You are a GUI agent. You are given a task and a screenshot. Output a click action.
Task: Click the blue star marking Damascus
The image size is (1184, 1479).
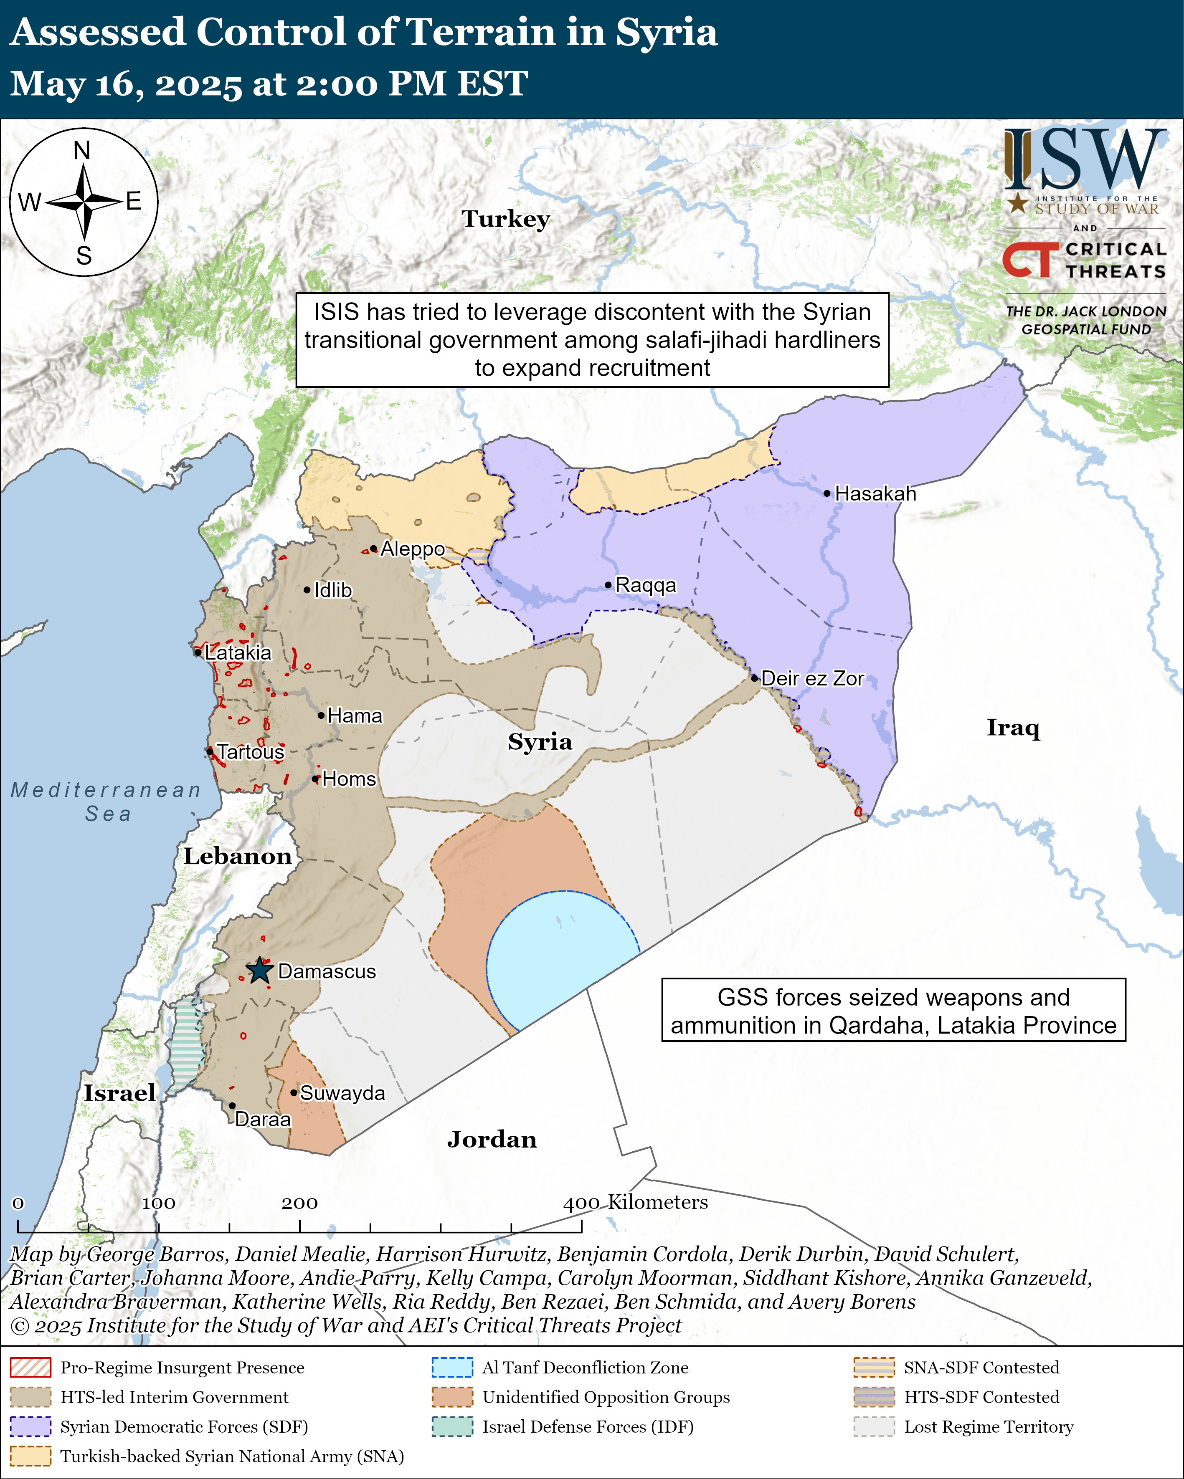coord(259,971)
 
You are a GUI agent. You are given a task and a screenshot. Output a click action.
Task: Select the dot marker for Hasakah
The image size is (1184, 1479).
coord(827,493)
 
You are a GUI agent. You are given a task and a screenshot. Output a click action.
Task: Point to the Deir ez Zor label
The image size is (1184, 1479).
coord(812,678)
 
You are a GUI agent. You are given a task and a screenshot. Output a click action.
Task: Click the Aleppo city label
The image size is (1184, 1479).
coord(413,549)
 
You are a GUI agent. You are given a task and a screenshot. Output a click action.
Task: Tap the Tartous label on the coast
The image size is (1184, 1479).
coord(251,752)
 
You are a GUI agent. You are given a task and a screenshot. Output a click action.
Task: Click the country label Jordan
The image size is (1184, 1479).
coord(492,1140)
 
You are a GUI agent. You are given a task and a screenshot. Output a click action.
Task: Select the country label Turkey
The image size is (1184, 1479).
coord(506,219)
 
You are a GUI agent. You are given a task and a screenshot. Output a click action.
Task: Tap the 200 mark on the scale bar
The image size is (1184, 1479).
coord(299,1203)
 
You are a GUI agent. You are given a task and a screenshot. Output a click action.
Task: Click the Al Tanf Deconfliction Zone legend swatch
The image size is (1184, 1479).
coord(452,1367)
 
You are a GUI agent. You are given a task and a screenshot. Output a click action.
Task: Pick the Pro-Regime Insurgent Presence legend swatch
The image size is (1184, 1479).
coord(30,1367)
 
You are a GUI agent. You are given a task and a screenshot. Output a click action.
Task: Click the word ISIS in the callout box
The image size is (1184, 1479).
coord(336,312)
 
